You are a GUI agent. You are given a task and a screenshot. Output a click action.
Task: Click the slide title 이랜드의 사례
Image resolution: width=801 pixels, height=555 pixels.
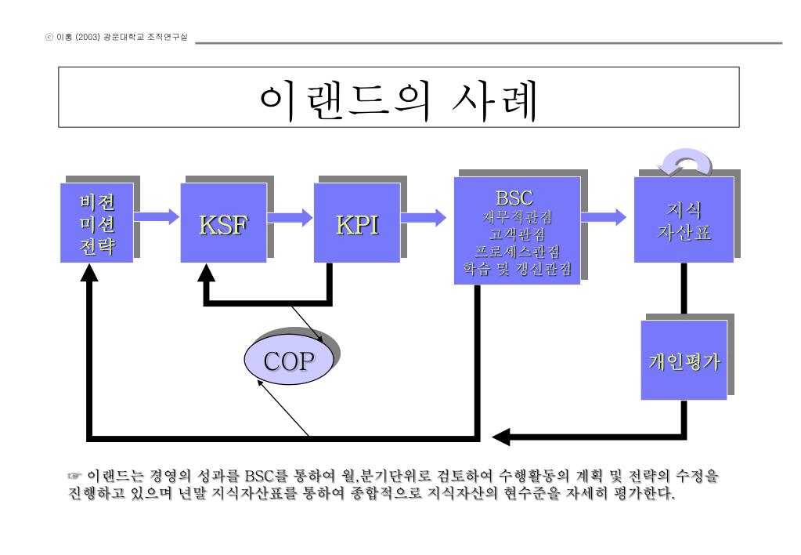click(x=399, y=99)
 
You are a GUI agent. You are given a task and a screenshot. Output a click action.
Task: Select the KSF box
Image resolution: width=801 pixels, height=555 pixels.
click(x=223, y=223)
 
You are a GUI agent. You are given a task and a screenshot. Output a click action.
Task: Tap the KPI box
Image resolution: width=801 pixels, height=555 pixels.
click(x=356, y=223)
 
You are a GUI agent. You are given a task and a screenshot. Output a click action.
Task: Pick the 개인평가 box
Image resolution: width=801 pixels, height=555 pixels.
click(x=684, y=361)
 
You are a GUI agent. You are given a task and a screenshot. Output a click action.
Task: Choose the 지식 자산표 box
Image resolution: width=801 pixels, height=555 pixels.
click(x=683, y=220)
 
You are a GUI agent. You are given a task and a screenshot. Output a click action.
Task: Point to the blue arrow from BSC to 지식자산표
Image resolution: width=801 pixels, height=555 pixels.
click(x=604, y=215)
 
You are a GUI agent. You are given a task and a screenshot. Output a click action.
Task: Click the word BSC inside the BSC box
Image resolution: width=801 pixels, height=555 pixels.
click(x=514, y=198)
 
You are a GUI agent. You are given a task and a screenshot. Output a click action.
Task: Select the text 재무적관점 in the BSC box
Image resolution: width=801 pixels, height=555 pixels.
click(x=517, y=216)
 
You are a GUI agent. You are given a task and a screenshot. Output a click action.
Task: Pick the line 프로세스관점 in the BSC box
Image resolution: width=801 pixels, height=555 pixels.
click(x=517, y=252)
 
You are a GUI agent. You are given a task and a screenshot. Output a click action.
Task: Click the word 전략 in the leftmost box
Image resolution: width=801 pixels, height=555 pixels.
click(x=96, y=247)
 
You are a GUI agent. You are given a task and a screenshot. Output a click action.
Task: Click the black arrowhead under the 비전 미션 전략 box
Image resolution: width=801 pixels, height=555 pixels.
click(x=91, y=271)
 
